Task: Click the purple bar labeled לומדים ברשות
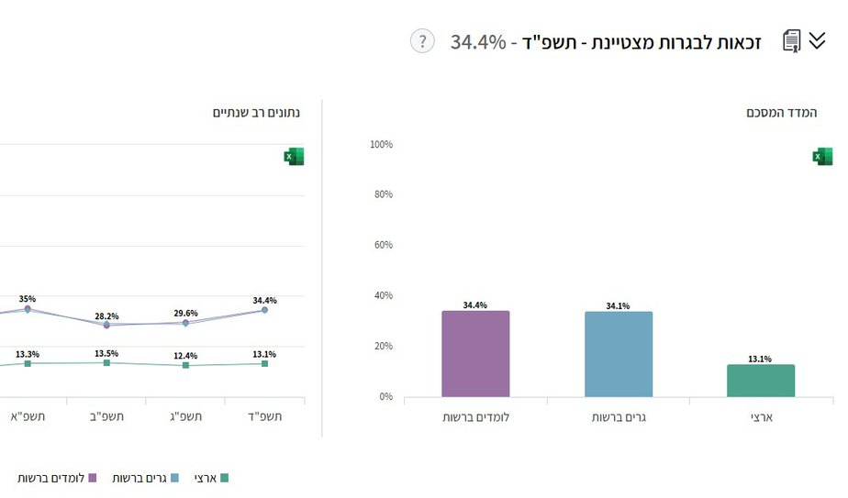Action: (x=475, y=354)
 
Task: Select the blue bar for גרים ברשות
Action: (x=618, y=354)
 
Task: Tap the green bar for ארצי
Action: (x=761, y=381)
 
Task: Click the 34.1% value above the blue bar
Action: (x=618, y=305)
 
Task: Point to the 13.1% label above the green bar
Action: (x=761, y=359)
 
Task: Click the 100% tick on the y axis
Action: (x=381, y=145)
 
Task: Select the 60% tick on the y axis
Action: (x=381, y=246)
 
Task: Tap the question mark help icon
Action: (x=422, y=41)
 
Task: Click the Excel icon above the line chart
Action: (x=294, y=157)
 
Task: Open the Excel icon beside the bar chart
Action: (x=822, y=157)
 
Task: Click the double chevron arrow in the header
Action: (x=817, y=40)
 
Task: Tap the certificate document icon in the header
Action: (x=791, y=41)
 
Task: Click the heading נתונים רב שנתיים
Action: (x=256, y=113)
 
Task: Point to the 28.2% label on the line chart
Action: (x=106, y=315)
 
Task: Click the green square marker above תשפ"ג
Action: (x=185, y=365)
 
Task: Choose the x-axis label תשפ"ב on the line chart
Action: (x=106, y=417)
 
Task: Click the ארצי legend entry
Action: (x=211, y=478)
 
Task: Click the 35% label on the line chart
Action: (x=28, y=299)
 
